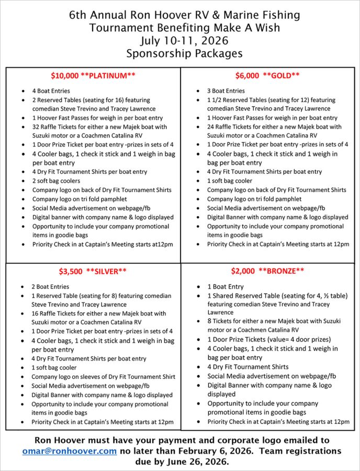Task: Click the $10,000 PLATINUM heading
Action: [x=93, y=75]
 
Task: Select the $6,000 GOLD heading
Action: [x=267, y=75]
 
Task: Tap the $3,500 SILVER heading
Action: [x=93, y=271]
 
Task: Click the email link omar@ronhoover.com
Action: [x=70, y=451]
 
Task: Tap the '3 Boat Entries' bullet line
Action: [x=226, y=91]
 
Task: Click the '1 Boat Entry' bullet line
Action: [x=226, y=287]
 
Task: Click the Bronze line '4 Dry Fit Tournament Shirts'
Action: [x=248, y=367]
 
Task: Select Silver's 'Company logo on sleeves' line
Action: [x=103, y=377]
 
